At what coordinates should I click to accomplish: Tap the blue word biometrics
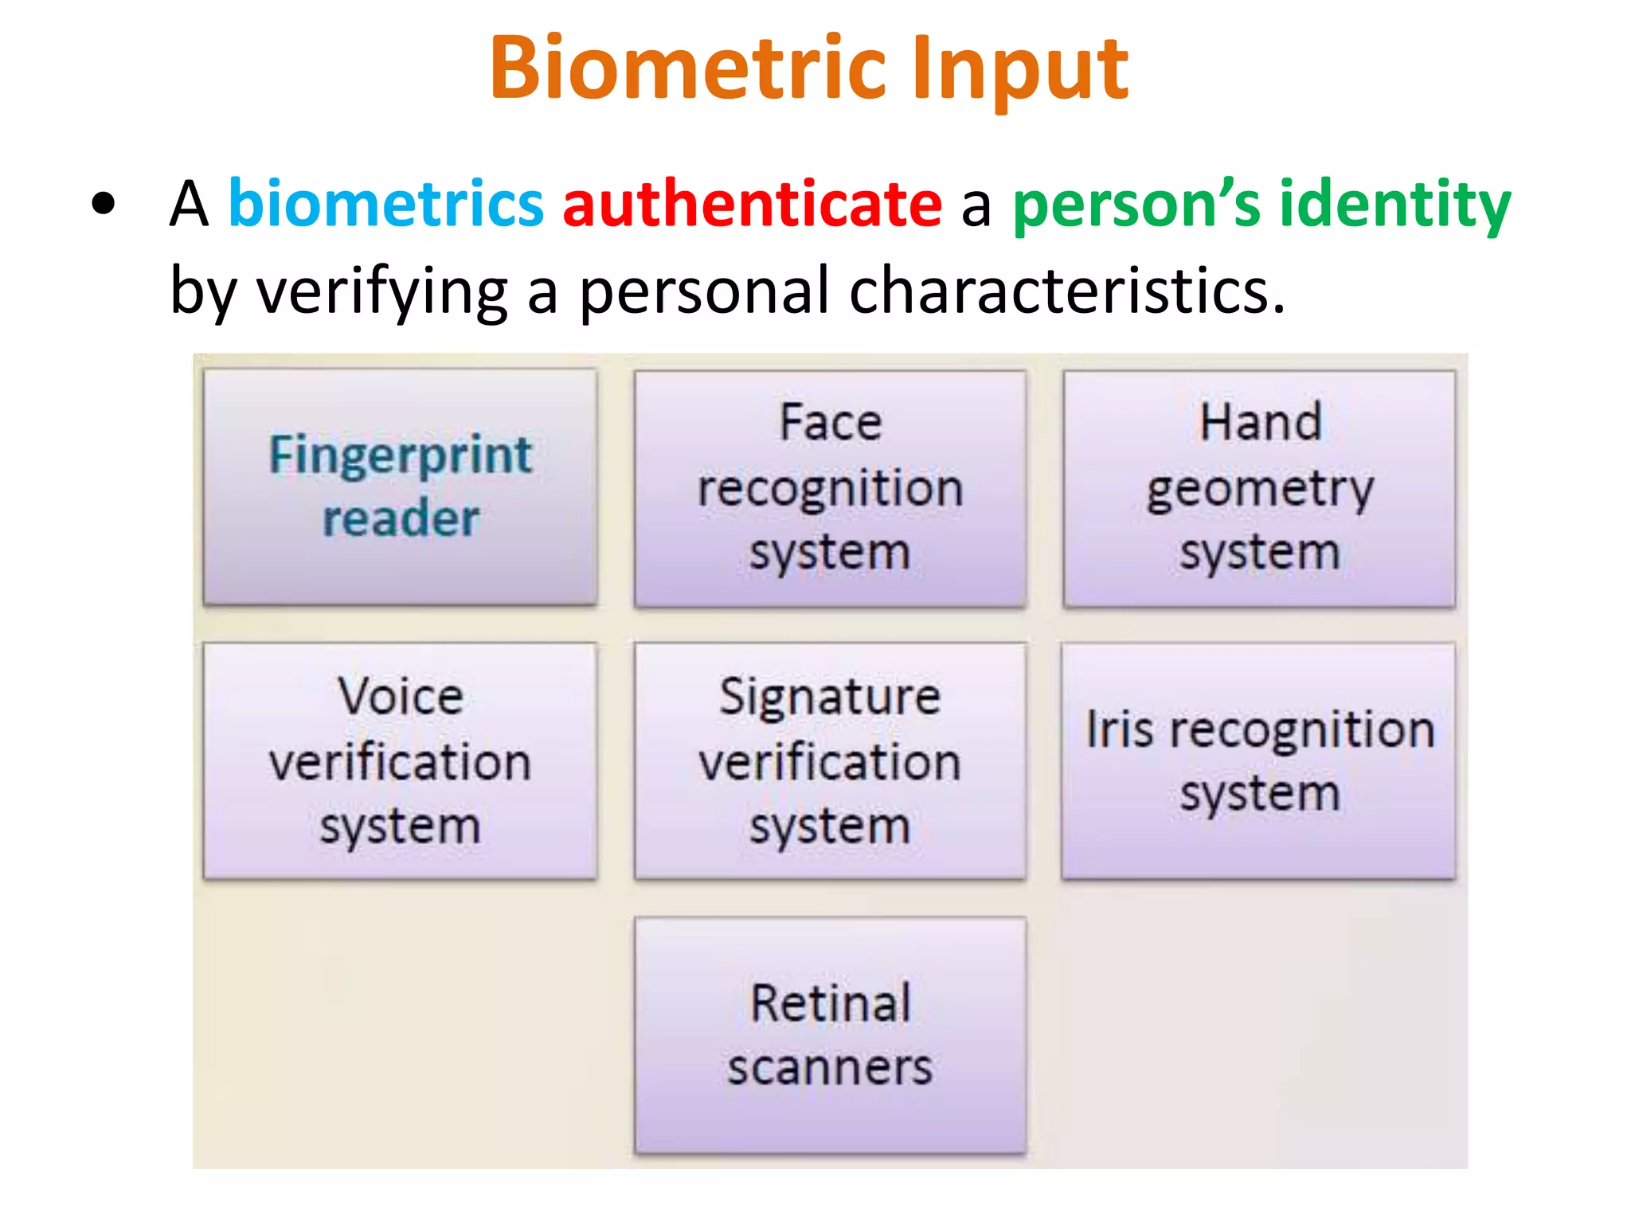(386, 204)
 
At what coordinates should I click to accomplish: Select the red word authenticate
(752, 204)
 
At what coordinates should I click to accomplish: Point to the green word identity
(1394, 205)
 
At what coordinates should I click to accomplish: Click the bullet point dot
(103, 205)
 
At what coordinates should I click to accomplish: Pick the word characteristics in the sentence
(1066, 291)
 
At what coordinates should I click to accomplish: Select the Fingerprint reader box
(400, 486)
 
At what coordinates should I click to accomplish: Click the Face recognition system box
(830, 488)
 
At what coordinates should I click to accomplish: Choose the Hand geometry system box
(1259, 488)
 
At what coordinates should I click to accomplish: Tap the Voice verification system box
(400, 761)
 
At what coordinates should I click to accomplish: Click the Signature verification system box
(830, 761)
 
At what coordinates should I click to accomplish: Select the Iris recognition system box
(1259, 761)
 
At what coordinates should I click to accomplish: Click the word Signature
(830, 697)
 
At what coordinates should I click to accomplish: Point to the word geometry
(1260, 489)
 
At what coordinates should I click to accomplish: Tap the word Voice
(400, 697)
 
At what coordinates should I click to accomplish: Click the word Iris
(1119, 729)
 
